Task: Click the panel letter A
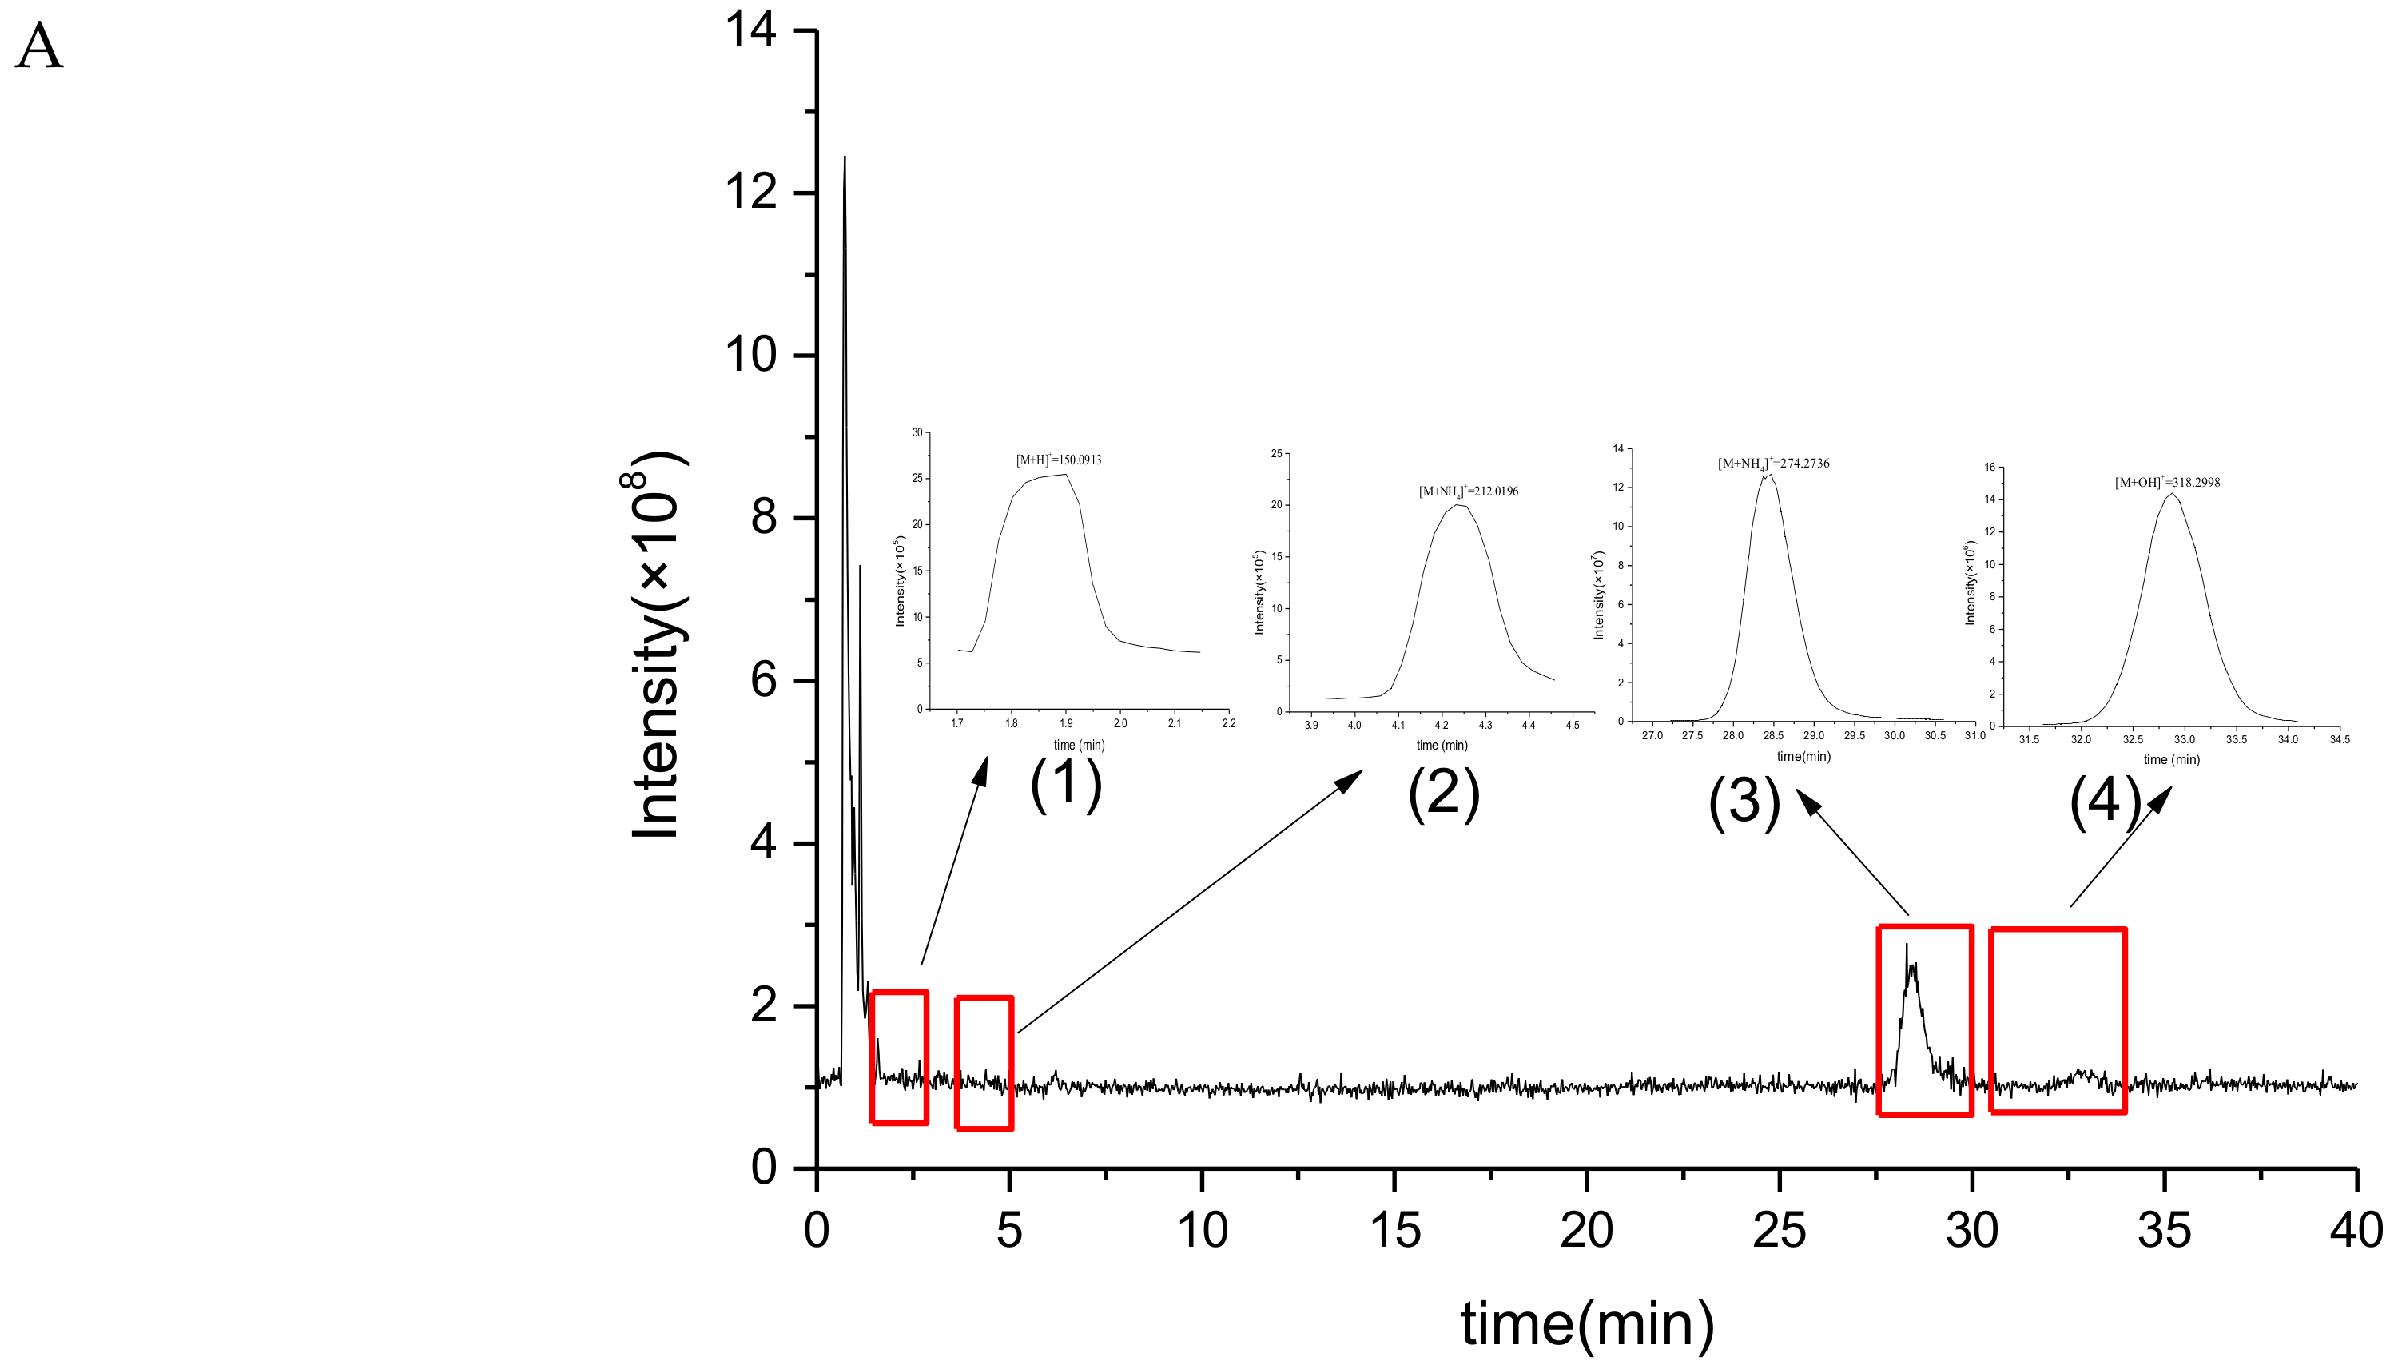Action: click(x=38, y=47)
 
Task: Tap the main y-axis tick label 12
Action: click(x=750, y=193)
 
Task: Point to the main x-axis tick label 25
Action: click(x=1779, y=1231)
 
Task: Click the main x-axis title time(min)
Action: click(x=1587, y=1324)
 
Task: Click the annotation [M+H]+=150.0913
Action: click(x=1058, y=460)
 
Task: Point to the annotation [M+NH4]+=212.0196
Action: click(x=1468, y=491)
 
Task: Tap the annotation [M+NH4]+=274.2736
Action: click(x=1773, y=464)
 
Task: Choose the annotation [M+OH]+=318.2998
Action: click(x=2167, y=483)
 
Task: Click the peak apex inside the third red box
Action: click(x=1907, y=945)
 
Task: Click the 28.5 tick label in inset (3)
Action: click(x=1773, y=735)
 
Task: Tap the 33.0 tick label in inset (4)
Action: click(x=2184, y=740)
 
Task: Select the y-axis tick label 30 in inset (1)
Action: click(x=917, y=432)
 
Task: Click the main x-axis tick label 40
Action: click(x=2356, y=1231)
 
